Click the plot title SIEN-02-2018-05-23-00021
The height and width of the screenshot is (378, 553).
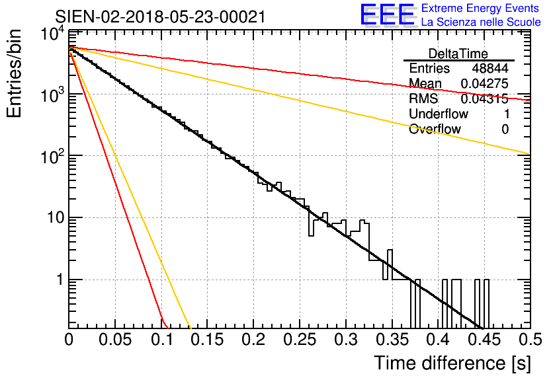tap(160, 17)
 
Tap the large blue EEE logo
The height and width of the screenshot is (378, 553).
tap(388, 15)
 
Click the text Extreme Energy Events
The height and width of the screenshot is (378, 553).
tap(480, 8)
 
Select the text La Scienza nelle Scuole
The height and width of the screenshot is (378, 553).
tap(481, 22)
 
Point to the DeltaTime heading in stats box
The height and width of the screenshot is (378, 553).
tap(458, 54)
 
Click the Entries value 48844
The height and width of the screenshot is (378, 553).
tap(490, 68)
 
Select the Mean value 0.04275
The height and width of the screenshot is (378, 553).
tap(485, 83)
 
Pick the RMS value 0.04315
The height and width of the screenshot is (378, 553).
tap(485, 98)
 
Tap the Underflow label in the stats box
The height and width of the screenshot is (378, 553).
tap(439, 114)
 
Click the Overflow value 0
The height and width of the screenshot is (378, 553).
tap(505, 129)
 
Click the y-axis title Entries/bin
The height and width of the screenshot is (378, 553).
tap(14, 73)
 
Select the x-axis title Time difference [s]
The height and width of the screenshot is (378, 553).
tap(452, 363)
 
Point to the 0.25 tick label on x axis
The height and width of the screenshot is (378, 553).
tap(300, 340)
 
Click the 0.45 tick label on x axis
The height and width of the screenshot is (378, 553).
tap(484, 340)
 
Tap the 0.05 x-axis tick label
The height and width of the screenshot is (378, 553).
tap(115, 340)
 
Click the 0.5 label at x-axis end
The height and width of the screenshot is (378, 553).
tap(530, 340)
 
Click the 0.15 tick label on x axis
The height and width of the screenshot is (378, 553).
tap(208, 340)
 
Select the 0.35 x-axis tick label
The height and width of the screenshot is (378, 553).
tap(392, 340)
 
